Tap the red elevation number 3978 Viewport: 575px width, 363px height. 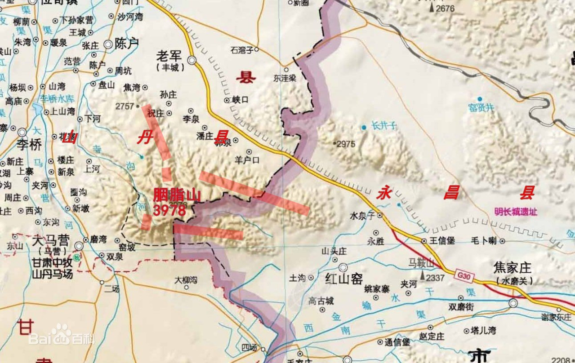[169, 210]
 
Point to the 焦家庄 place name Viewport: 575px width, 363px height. [513, 269]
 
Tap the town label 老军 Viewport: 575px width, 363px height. [169, 55]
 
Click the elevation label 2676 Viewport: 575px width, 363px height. [445, 9]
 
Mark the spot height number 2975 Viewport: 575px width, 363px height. [346, 144]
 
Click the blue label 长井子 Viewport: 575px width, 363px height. [385, 127]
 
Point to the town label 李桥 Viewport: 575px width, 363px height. [29, 145]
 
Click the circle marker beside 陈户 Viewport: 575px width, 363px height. [108, 44]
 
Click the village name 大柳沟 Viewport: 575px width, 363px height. [186, 279]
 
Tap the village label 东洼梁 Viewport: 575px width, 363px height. [285, 78]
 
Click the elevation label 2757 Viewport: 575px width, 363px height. [125, 106]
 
